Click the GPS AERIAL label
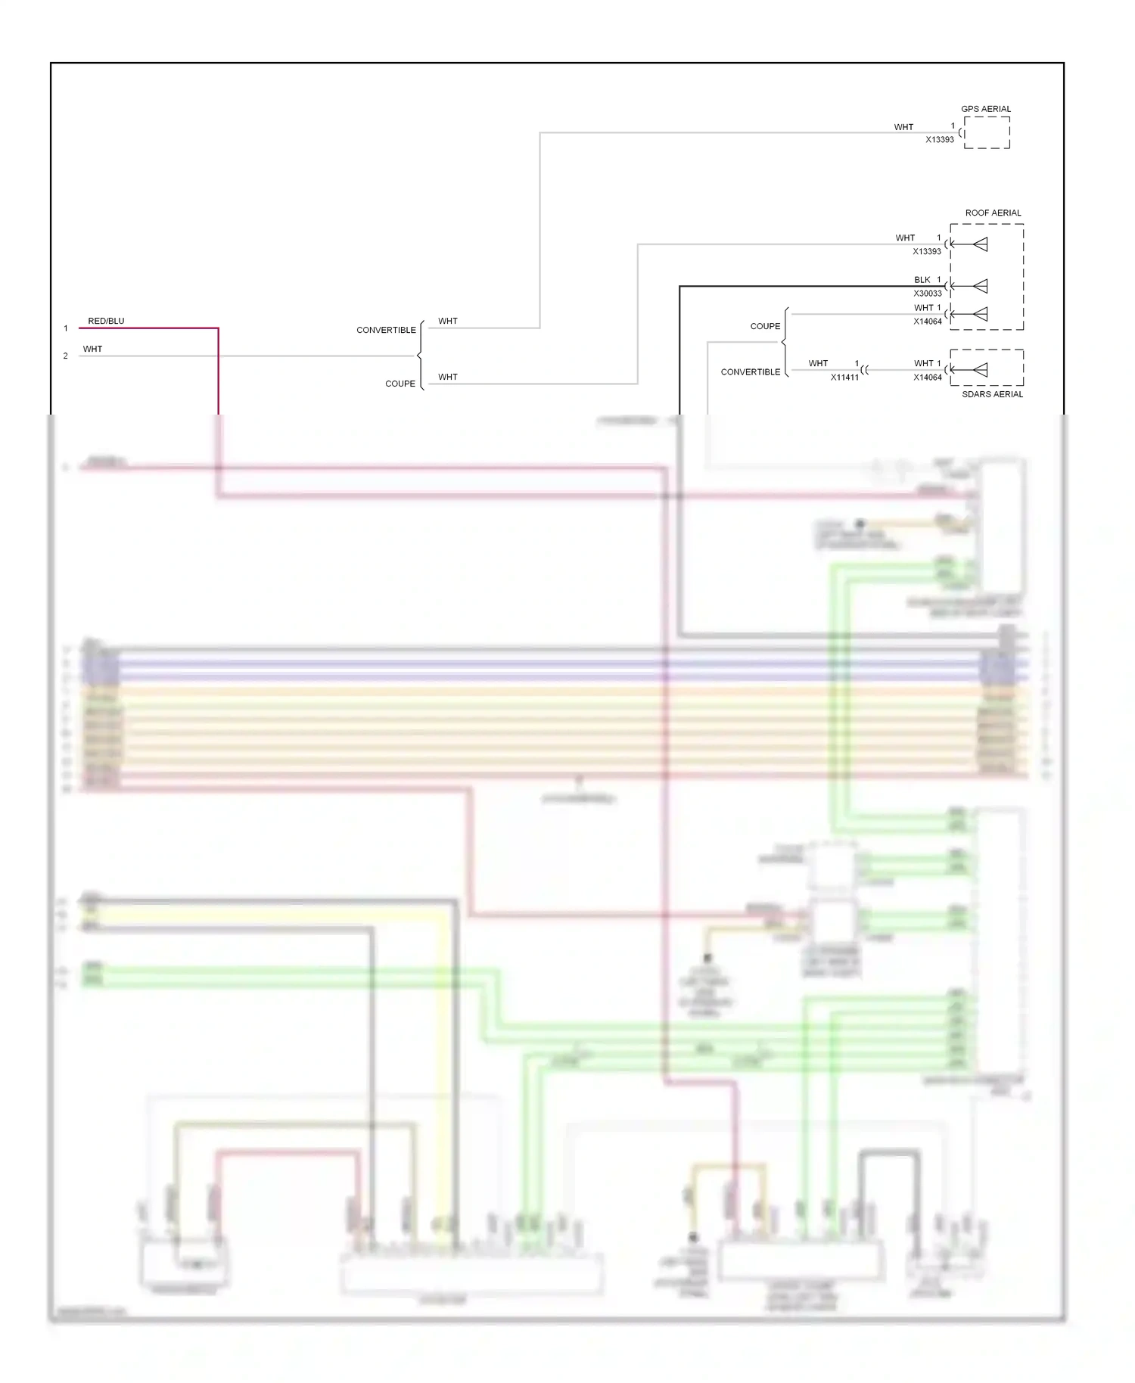(985, 109)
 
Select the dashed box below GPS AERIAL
(987, 133)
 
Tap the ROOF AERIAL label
(993, 213)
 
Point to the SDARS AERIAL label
(992, 394)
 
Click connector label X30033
(927, 294)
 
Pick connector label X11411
(844, 378)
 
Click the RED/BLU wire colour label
(106, 321)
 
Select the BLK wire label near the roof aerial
(922, 280)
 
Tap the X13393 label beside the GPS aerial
(940, 140)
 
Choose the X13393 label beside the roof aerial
(927, 252)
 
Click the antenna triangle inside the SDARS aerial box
(980, 370)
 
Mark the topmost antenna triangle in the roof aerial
(980, 244)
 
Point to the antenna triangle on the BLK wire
(980, 286)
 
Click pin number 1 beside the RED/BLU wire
(66, 328)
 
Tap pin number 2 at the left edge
(66, 356)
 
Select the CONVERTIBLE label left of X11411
(750, 372)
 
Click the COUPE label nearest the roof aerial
(765, 326)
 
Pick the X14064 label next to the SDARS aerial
(927, 378)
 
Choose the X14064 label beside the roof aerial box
(927, 322)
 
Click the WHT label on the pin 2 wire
(92, 349)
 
